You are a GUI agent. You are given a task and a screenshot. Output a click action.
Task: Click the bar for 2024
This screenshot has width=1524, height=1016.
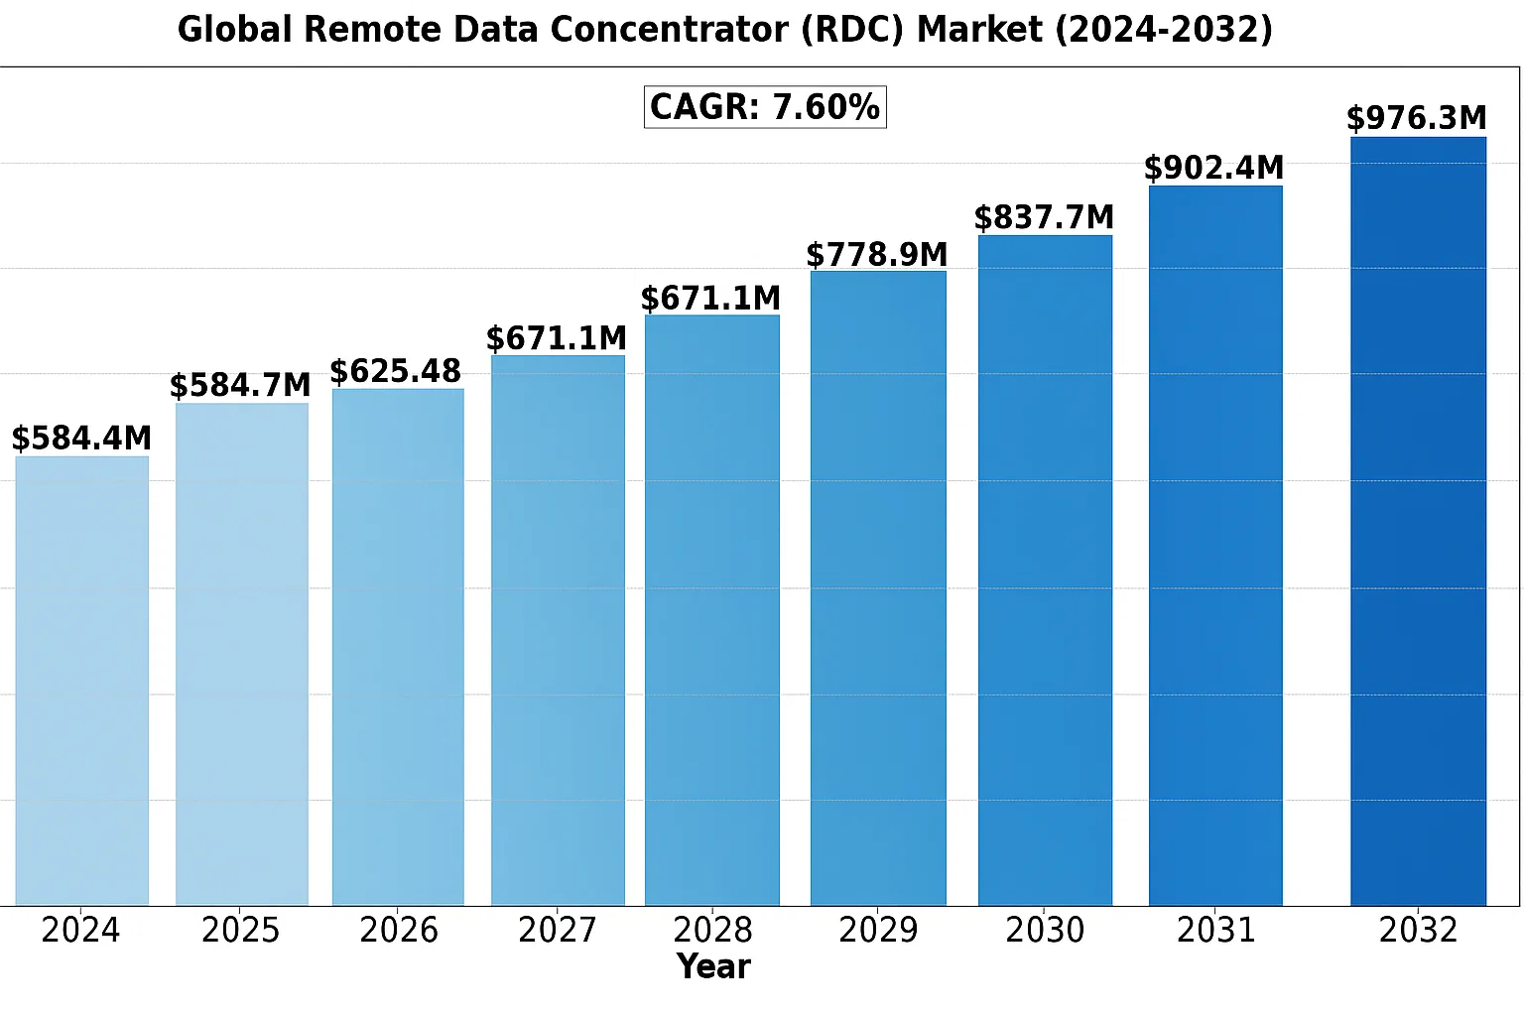coord(82,680)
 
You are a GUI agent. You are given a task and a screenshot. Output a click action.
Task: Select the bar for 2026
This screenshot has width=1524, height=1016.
coord(398,646)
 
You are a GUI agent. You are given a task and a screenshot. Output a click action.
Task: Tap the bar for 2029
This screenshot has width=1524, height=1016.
coord(878,587)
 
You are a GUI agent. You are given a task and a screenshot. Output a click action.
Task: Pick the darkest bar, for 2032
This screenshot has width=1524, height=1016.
coord(1418,520)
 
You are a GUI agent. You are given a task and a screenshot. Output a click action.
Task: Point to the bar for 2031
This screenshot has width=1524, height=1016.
coord(1215,545)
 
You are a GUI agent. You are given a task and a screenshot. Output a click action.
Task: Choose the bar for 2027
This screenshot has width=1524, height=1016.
coord(558,629)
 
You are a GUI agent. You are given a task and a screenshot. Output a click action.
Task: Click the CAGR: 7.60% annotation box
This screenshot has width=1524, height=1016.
coord(765,107)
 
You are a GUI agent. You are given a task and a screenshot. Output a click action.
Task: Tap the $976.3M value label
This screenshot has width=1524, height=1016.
coord(1417,119)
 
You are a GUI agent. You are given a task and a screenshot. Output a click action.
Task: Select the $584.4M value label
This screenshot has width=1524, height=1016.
coord(81,439)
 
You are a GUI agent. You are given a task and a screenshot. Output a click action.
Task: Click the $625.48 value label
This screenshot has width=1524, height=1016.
coord(395,372)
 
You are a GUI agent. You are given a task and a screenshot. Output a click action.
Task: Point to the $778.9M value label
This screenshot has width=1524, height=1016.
coord(877,255)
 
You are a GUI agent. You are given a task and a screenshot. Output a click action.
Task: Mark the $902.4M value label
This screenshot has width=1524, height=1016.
coord(1213,168)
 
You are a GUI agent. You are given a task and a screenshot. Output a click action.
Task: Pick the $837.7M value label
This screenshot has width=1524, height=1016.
coord(1044,217)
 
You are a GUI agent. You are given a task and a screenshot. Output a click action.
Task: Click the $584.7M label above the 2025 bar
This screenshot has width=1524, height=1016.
coord(240,385)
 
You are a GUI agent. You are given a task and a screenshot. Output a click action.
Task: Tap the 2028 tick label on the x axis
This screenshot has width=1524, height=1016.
coord(712,931)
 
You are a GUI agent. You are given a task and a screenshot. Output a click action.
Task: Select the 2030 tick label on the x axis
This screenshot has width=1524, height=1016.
coord(1045,931)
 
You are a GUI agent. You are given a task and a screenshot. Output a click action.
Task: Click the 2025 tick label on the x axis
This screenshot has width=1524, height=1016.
coord(240,931)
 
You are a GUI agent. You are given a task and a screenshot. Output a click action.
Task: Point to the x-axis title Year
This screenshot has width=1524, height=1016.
coord(713,966)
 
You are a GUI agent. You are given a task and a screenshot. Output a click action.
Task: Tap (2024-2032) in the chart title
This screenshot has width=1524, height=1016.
coord(1163,30)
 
